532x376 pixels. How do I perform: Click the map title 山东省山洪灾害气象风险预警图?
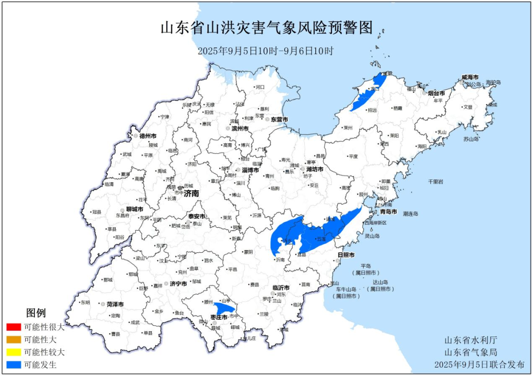tap(266, 28)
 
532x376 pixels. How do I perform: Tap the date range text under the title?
tap(266, 51)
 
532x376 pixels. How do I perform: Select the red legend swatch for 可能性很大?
tap(14, 327)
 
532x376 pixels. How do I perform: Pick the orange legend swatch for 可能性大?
tap(14, 340)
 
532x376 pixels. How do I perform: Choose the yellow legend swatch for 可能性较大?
tap(14, 352)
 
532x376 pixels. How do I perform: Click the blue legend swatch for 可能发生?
tap(14, 365)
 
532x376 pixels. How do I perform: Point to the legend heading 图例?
tap(36, 313)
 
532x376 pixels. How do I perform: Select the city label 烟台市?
tap(436, 93)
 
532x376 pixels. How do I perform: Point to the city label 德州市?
tap(148, 136)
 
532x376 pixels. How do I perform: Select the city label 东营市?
tap(278, 120)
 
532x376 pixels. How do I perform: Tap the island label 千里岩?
tap(435, 182)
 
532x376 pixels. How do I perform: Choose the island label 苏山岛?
tap(471, 139)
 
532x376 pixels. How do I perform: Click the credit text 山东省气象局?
tap(470, 352)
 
